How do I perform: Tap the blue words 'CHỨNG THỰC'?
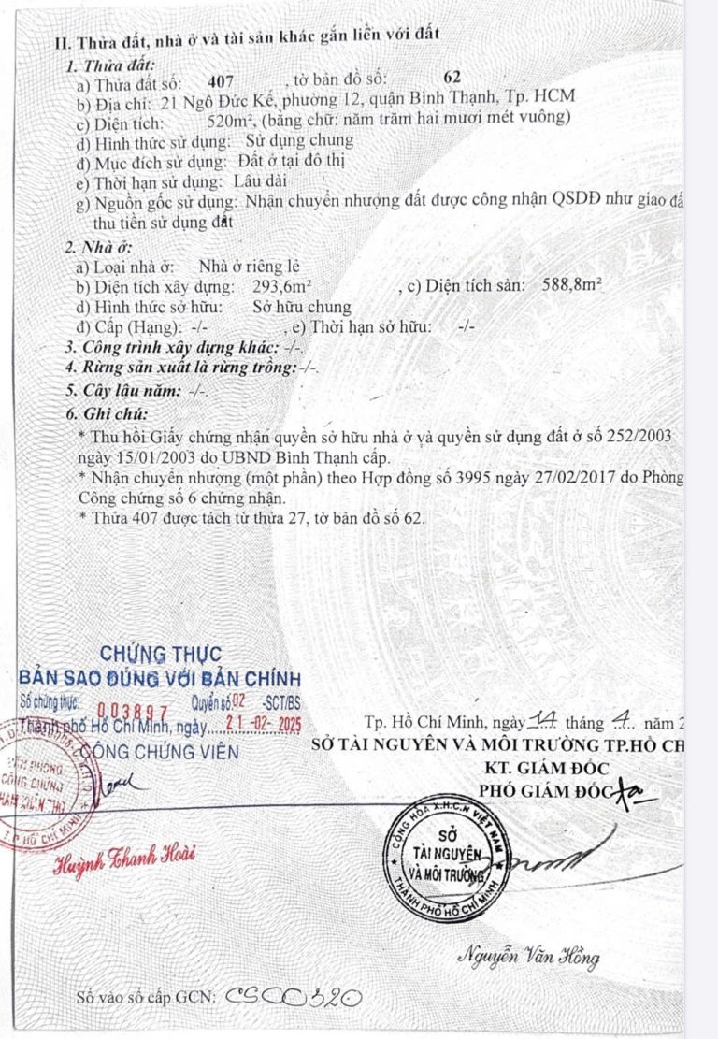pyautogui.click(x=161, y=653)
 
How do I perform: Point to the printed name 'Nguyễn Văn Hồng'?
pyautogui.click(x=528, y=957)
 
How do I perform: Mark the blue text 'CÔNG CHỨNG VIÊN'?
pyautogui.click(x=160, y=751)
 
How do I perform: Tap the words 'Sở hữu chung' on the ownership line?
pyautogui.click(x=302, y=307)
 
